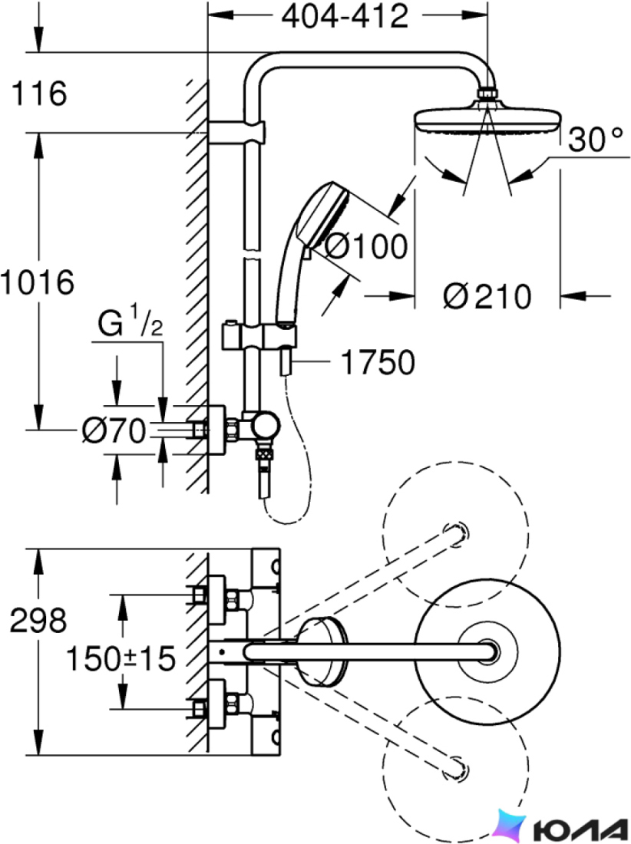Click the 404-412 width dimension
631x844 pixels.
pos(345,16)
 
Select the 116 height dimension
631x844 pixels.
pos(38,93)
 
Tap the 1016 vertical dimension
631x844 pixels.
pos(37,282)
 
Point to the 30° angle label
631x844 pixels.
pos(596,139)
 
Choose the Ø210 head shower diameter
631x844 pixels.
pos(487,295)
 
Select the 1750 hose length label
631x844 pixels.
pos(378,361)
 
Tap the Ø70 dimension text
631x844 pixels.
pos(114,430)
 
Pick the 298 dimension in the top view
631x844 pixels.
pos(38,620)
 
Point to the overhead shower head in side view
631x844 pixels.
pos(487,114)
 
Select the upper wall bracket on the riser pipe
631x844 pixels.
pos(236,133)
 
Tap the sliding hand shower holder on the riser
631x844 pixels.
pos(259,336)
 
